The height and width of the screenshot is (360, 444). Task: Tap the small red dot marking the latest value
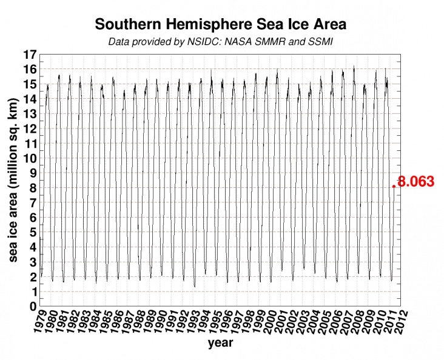click(394, 186)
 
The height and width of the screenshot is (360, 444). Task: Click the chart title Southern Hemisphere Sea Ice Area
click(221, 25)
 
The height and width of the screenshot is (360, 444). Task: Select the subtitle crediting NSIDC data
click(221, 42)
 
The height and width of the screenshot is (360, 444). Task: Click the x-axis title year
click(221, 343)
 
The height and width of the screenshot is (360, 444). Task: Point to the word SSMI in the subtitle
click(321, 42)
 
